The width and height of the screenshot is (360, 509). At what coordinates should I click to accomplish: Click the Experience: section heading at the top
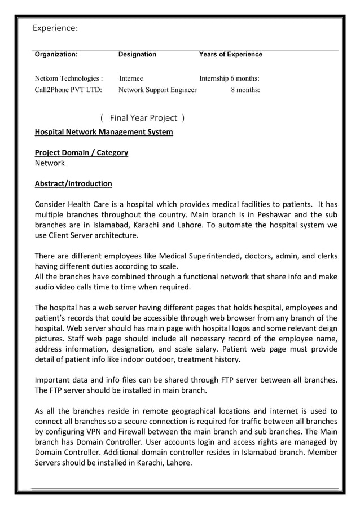55,28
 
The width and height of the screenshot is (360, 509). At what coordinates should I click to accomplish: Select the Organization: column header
56,55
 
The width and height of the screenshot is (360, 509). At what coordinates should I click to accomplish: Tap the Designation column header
137,55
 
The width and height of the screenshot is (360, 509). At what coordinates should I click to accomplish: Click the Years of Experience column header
230,55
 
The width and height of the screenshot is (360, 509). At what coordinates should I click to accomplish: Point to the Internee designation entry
131,78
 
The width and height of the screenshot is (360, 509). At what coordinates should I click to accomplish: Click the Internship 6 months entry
229,78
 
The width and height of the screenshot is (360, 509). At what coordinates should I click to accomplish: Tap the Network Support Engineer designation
157,89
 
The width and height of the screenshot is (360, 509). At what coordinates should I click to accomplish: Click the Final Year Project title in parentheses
143,118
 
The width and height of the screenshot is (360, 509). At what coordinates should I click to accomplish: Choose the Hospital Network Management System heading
104,133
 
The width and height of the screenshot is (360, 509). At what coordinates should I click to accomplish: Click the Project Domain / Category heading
81,152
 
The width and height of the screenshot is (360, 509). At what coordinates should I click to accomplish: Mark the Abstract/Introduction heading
73,183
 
